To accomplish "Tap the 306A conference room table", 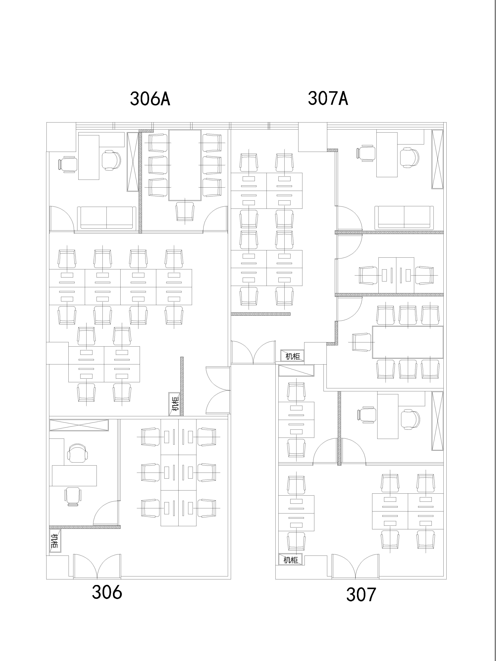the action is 185,165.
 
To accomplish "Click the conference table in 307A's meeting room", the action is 408,342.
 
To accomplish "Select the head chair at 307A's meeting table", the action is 362,342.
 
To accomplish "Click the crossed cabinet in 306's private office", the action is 79,425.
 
